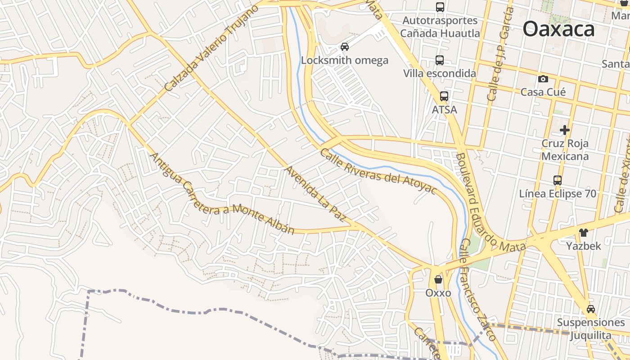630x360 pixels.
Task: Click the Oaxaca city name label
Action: (x=558, y=30)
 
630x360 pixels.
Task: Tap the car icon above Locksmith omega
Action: (x=345, y=47)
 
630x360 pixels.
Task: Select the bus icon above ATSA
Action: (x=444, y=96)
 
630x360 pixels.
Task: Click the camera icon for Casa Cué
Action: (x=543, y=79)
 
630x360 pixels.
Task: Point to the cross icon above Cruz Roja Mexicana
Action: (x=565, y=130)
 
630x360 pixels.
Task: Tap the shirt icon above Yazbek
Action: (x=583, y=233)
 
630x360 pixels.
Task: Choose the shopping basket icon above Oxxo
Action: (x=438, y=280)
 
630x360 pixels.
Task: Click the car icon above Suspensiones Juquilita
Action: (x=591, y=309)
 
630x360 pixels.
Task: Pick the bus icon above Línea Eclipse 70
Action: (x=558, y=180)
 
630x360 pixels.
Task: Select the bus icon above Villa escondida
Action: (x=440, y=60)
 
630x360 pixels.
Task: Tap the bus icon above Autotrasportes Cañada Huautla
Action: (x=440, y=7)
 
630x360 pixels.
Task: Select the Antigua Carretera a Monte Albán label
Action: (x=221, y=194)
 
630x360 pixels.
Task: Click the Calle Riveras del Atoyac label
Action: (x=378, y=171)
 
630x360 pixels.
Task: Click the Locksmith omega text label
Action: (x=345, y=60)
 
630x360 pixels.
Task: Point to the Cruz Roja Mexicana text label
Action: (x=565, y=150)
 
